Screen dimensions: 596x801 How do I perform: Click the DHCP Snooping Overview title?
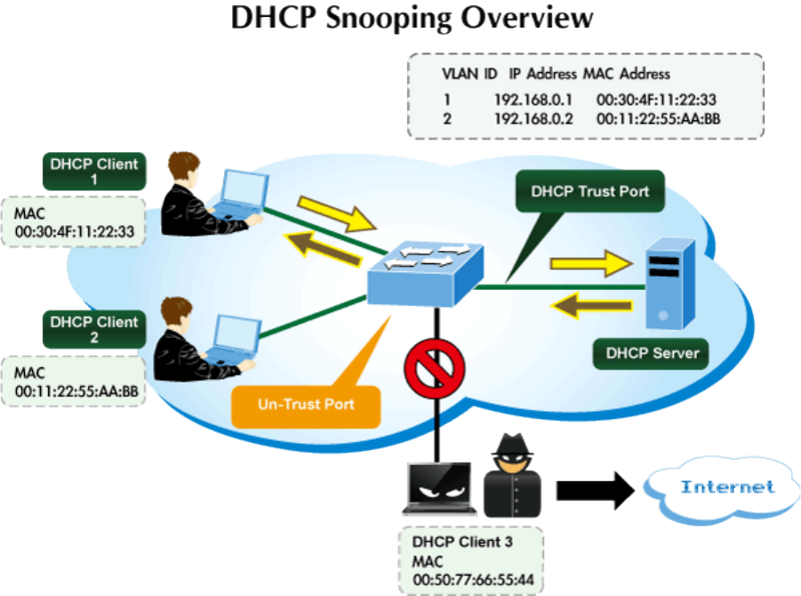coord(411,20)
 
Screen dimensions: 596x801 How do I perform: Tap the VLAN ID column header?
coord(469,74)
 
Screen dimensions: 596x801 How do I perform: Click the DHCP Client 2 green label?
coord(94,329)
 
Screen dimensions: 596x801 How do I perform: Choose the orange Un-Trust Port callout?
coord(306,405)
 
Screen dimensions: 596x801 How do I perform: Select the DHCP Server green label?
coord(653,353)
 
